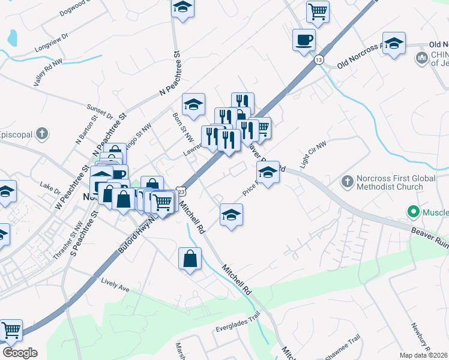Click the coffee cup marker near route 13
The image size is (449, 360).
pos(304,40)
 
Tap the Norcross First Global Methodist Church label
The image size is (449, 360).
pos(390,182)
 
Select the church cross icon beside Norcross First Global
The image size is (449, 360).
pos(347,181)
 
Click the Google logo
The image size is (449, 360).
pos(20,352)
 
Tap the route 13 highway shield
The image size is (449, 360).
pos(319,60)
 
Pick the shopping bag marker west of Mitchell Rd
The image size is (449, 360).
pos(190,259)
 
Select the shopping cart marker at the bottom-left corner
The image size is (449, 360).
pos(10,330)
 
